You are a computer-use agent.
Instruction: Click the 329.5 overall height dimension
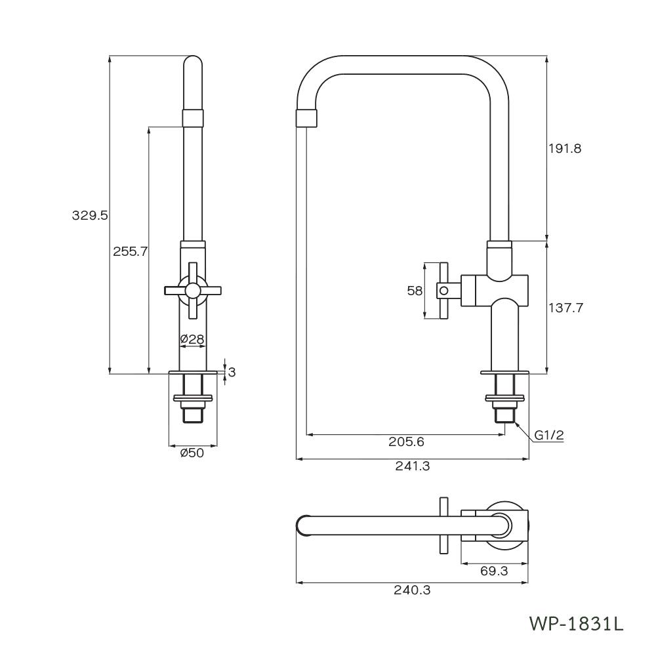(x=89, y=215)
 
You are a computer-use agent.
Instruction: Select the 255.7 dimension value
(x=130, y=251)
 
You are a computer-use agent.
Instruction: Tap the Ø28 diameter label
(x=192, y=339)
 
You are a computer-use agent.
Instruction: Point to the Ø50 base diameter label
(x=192, y=453)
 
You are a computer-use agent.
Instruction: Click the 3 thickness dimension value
(x=232, y=372)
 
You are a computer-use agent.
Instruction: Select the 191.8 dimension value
(x=565, y=148)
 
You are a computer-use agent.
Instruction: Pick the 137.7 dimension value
(x=565, y=307)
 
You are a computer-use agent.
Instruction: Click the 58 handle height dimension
(x=415, y=290)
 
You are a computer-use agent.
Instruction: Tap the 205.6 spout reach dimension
(x=406, y=441)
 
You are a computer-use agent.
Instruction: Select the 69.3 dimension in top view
(x=494, y=571)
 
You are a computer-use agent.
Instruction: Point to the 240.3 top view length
(x=412, y=590)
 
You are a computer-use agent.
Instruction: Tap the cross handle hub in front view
(x=192, y=290)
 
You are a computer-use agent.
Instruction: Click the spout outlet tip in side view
(x=307, y=119)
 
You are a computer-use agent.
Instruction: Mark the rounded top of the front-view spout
(x=192, y=63)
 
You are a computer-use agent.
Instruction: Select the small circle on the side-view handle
(x=443, y=290)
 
